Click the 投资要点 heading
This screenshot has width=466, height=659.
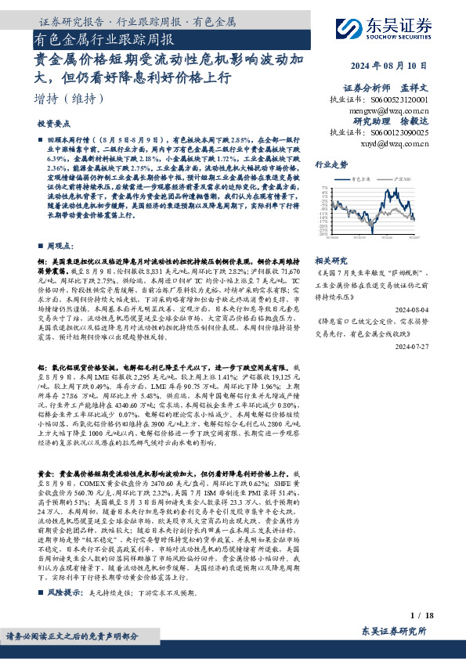(55, 124)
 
